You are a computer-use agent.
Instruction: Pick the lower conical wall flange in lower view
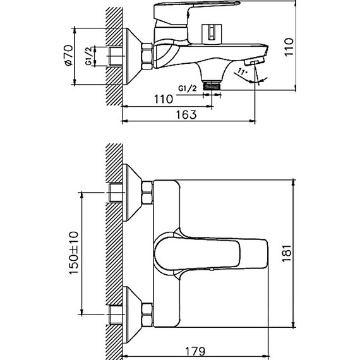[x=132, y=312]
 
